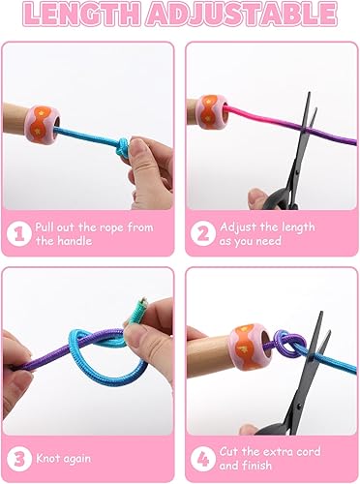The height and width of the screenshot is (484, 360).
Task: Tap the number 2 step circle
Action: (202, 233)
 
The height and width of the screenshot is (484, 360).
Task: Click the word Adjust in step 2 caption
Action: (239, 226)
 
